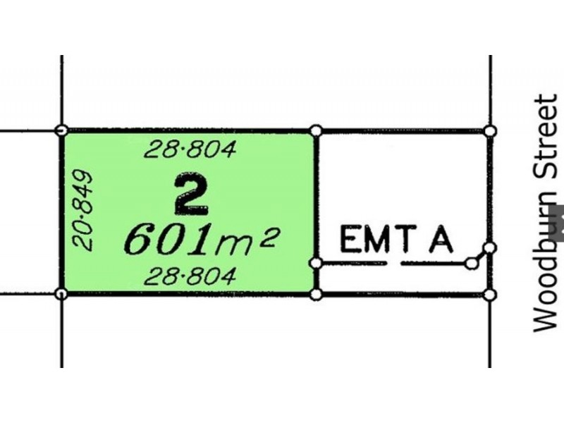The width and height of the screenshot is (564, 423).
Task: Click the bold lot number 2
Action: point(191,195)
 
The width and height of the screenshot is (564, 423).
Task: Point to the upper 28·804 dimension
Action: point(190,149)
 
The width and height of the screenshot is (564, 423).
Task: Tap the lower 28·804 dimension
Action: point(190,276)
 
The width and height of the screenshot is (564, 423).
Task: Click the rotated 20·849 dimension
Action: point(82,210)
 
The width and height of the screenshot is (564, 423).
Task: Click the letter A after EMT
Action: point(441,239)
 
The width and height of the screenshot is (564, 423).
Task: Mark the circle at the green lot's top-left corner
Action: point(62,130)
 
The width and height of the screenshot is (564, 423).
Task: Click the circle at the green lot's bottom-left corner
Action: point(62,294)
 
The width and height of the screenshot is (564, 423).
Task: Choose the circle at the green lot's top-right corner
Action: point(316,130)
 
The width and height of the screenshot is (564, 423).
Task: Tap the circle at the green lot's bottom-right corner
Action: point(316,295)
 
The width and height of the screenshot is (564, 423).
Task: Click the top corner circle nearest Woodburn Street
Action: point(490,131)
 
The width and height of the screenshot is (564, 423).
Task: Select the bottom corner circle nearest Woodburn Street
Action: point(490,295)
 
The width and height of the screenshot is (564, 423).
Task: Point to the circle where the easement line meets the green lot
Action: point(316,263)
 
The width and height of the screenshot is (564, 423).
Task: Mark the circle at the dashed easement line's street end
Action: point(471,264)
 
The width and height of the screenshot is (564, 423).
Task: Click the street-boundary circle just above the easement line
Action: point(490,248)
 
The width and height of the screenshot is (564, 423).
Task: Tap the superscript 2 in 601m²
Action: point(269,237)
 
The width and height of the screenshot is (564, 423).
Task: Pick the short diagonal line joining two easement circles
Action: point(481,256)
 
